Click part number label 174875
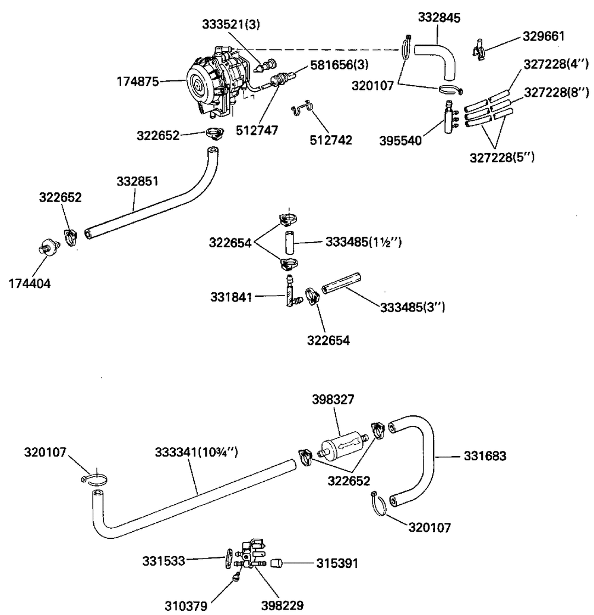138,81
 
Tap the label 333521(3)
231,24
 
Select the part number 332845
439,17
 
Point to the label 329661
544,36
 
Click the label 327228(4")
556,64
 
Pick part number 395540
400,140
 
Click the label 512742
331,140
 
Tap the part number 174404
30,283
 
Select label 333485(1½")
364,243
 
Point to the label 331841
231,297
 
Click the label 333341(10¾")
197,452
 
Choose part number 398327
333,399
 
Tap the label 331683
485,456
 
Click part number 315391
337,563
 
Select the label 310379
186,606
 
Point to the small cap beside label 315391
277,564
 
